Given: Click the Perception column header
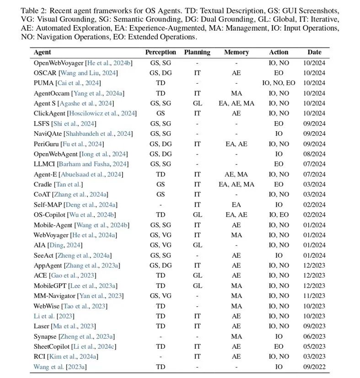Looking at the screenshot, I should point(161,53).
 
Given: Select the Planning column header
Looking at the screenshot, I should point(197,53).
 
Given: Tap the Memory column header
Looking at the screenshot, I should point(236,53).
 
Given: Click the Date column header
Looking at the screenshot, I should point(314,53).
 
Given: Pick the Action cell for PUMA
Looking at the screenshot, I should point(279,83).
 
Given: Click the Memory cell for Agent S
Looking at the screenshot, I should point(236,103).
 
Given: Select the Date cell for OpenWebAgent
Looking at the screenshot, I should point(314,154).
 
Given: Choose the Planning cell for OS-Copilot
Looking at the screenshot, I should point(197,214).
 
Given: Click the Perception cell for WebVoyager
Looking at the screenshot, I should point(161,235).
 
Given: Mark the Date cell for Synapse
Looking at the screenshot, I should point(314,336).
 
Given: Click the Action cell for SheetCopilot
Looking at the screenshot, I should point(279,346).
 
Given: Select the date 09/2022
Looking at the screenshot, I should point(314,367).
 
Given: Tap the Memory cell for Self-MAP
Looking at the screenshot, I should point(236,205).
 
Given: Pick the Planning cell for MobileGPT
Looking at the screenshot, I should point(197,286).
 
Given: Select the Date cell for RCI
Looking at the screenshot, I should point(314,357).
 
